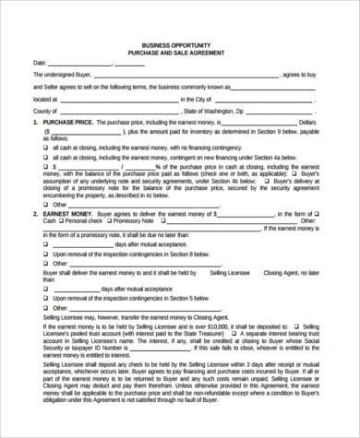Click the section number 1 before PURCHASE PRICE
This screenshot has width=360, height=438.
pyautogui.click(x=34, y=122)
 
